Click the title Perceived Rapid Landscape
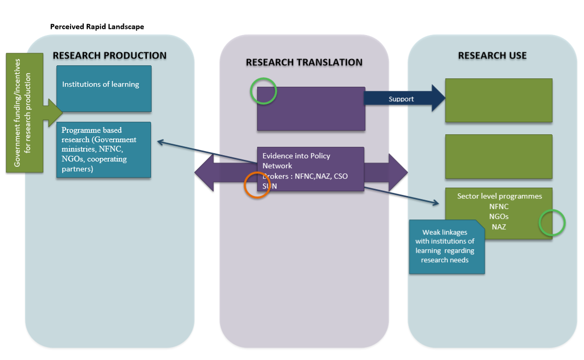point(97,26)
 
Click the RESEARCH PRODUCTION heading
point(110,56)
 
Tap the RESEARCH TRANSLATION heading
point(304,62)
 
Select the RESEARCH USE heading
point(492,56)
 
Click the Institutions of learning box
point(104,88)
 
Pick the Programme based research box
point(104,149)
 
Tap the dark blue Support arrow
point(403,99)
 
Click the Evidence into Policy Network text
point(296,160)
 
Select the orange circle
point(257,184)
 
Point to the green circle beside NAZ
point(553,223)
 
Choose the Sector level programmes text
point(499,196)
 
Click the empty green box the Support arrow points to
point(498,100)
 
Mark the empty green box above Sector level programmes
point(498,156)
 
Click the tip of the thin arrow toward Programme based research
point(158,141)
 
